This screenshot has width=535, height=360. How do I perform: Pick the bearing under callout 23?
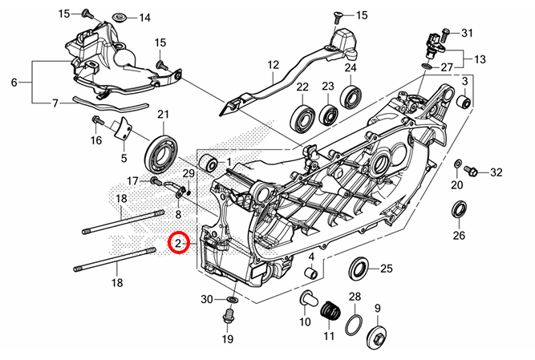[x=327, y=113]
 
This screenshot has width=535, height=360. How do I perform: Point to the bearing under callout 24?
[x=351, y=97]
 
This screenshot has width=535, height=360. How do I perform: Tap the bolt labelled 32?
[x=472, y=172]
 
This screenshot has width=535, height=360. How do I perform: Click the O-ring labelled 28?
[x=354, y=325]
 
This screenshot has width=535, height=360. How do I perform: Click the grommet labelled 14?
[x=120, y=18]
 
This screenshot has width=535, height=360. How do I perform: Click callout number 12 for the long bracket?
[x=274, y=65]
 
